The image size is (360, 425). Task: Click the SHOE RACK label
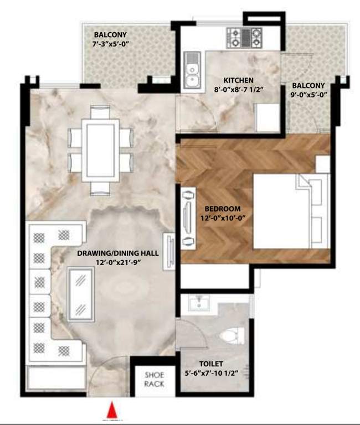click(x=154, y=380)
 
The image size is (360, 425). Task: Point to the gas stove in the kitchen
click(x=244, y=38)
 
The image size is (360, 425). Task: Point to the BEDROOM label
click(x=223, y=208)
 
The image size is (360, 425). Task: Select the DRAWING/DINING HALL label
click(x=118, y=253)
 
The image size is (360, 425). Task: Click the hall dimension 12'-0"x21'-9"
click(x=118, y=262)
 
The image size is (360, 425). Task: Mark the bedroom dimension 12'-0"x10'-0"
click(x=223, y=217)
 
